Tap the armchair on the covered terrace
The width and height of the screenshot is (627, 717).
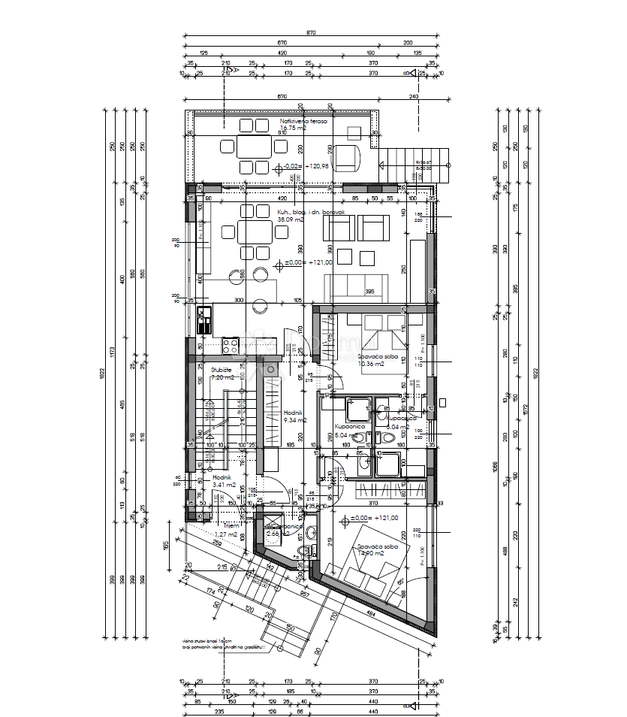point(348,157)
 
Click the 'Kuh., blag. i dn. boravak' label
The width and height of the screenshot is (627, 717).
point(311,216)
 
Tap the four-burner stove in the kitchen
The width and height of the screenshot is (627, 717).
point(230,346)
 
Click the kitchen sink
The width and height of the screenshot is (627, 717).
point(203,321)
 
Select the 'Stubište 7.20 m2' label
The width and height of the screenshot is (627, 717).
point(222,374)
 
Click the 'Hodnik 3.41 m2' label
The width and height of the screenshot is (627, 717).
point(224,481)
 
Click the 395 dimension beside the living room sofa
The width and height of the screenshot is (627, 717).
point(369,292)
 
